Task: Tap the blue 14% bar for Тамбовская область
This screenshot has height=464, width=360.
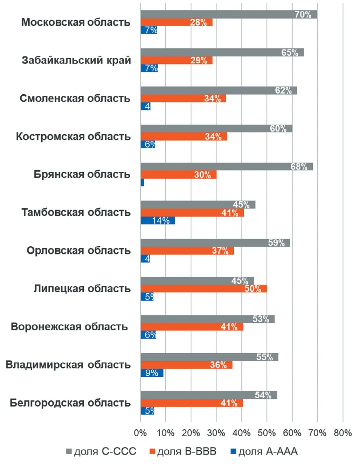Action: tap(158, 220)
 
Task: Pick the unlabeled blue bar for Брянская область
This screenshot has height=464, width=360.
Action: tap(143, 182)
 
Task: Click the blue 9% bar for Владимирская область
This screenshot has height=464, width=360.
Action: tap(152, 373)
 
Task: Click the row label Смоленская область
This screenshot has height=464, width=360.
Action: tap(75, 98)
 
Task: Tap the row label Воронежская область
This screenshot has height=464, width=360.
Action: tap(69, 327)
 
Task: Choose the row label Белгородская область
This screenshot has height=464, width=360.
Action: tap(70, 403)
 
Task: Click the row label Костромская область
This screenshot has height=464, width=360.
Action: tap(73, 136)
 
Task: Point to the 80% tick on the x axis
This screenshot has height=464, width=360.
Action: tap(342, 433)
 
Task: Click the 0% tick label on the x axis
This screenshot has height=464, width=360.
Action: tap(140, 433)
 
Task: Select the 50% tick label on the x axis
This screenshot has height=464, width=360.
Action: tap(266, 433)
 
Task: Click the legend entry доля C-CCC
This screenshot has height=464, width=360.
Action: tap(101, 451)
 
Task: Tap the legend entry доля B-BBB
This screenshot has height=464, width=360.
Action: tap(183, 451)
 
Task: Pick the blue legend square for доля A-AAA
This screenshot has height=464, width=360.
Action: tap(234, 451)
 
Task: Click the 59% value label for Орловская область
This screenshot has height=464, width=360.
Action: tap(276, 243)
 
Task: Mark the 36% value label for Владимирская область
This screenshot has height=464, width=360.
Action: tap(218, 365)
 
